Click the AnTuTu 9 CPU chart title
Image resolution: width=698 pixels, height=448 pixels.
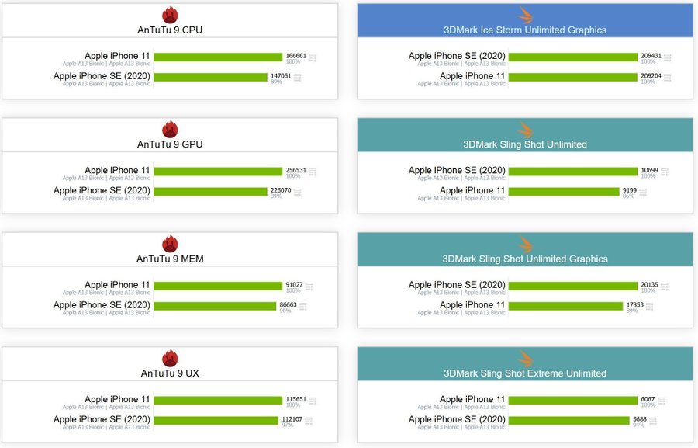point(170,30)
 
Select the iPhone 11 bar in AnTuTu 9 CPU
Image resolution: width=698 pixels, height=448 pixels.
point(218,57)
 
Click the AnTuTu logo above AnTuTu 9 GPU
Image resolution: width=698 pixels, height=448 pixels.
point(170,129)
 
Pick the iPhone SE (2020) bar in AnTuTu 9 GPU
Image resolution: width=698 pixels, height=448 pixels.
point(210,191)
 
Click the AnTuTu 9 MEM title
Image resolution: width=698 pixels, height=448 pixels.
point(170,259)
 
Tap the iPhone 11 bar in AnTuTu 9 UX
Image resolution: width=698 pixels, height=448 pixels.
point(218,400)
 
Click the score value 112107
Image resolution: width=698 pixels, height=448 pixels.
point(292,419)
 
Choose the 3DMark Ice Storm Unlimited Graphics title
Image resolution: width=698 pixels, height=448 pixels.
point(525,30)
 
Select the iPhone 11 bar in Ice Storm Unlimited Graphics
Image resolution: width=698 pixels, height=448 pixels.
point(572,77)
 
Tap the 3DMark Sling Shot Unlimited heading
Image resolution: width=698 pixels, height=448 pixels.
point(525,144)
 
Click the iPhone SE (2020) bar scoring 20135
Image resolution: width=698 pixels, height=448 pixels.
point(572,286)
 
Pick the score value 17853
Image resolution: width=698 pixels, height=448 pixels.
point(635,305)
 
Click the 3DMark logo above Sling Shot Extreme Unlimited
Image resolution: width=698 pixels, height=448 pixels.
point(525,358)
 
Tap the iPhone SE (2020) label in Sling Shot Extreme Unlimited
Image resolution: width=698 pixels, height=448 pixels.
point(457,419)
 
